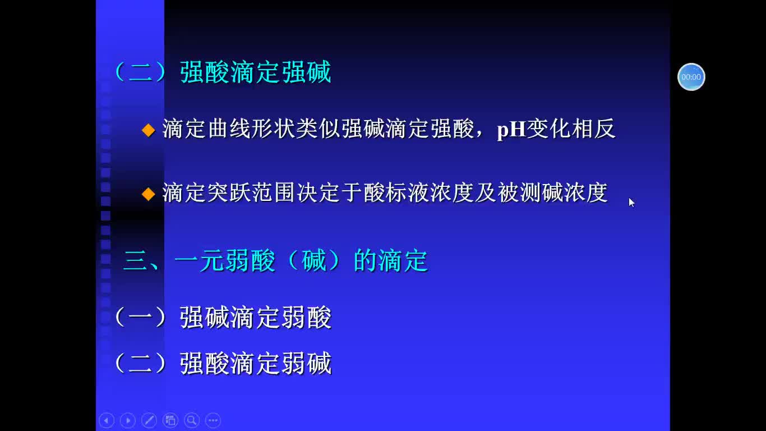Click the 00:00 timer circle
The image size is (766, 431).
(691, 77)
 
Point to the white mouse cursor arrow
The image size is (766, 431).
(631, 203)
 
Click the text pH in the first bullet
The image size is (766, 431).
(511, 130)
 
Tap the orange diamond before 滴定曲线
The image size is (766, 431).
(149, 130)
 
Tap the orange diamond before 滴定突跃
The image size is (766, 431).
(149, 194)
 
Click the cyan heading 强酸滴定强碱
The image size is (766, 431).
(256, 72)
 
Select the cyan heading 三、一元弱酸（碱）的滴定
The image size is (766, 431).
(276, 261)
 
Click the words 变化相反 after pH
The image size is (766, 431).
(571, 129)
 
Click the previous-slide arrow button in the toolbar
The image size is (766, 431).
(107, 420)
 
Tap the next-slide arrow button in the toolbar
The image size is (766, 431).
(128, 420)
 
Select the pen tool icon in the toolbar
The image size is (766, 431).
(149, 420)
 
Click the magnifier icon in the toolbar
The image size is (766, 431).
(192, 420)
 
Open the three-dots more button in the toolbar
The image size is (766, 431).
(213, 420)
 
